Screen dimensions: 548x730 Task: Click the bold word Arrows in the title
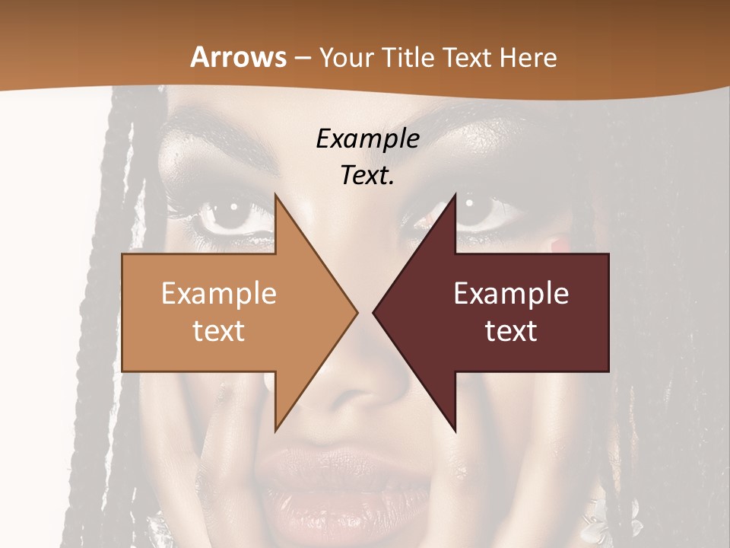pyautogui.click(x=238, y=57)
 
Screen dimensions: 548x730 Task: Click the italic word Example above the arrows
pyautogui.click(x=367, y=139)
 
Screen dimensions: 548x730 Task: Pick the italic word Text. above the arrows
pyautogui.click(x=367, y=176)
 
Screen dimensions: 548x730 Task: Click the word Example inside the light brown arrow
pyautogui.click(x=219, y=294)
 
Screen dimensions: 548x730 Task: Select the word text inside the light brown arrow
pyautogui.click(x=219, y=331)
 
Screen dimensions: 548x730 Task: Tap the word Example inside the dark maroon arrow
pyautogui.click(x=511, y=294)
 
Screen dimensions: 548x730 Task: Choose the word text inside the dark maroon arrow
pyautogui.click(x=511, y=331)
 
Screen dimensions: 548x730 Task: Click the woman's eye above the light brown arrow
pyautogui.click(x=233, y=214)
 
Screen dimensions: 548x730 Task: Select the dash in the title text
pyautogui.click(x=302, y=58)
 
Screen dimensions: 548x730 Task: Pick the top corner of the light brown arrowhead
pyautogui.click(x=275, y=194)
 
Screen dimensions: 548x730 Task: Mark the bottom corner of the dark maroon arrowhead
pyautogui.click(x=455, y=431)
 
